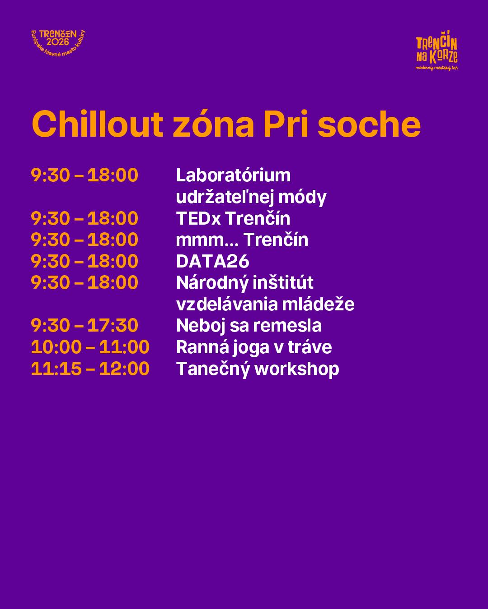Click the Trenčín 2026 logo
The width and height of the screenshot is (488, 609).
click(x=58, y=42)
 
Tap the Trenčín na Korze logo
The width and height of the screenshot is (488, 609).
click(x=436, y=51)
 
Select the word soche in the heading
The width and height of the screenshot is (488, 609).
click(x=369, y=124)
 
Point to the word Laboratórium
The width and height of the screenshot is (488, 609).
click(x=233, y=175)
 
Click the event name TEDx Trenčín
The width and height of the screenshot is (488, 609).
click(x=233, y=218)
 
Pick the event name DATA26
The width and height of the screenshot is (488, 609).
click(x=213, y=261)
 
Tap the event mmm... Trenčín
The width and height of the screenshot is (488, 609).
click(x=242, y=240)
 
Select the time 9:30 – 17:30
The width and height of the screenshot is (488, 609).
click(x=84, y=325)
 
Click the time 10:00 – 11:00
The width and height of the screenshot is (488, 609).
click(x=90, y=347)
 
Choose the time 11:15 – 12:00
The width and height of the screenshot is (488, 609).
click(x=90, y=369)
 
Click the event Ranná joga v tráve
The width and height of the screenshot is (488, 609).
click(x=254, y=347)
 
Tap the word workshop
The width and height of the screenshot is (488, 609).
click(x=297, y=369)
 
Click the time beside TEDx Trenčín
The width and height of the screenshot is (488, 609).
click(x=84, y=218)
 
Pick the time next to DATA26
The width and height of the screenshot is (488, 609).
click(x=84, y=261)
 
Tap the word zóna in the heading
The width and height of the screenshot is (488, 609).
click(x=213, y=124)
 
